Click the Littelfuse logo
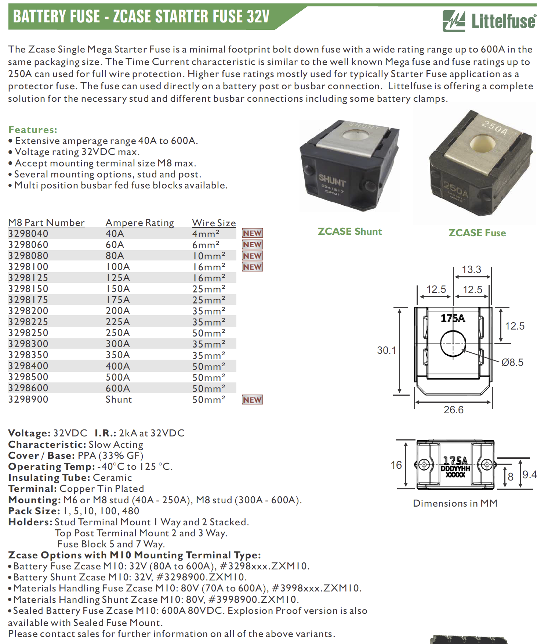point(489,21)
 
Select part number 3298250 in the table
point(28,333)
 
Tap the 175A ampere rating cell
point(118,300)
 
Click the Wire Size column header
point(214,223)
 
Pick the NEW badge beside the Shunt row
point(252,400)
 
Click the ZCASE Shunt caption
point(349,231)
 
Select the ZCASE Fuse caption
point(477,233)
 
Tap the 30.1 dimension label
point(386,350)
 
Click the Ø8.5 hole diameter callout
point(512,363)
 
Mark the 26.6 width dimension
point(453,410)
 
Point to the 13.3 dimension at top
point(471,269)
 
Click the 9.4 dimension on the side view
point(529,475)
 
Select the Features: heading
point(33,130)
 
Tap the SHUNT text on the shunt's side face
point(332,180)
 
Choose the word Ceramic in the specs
point(112,478)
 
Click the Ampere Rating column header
point(139,223)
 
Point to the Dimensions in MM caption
point(455,503)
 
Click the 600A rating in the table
point(118,388)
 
